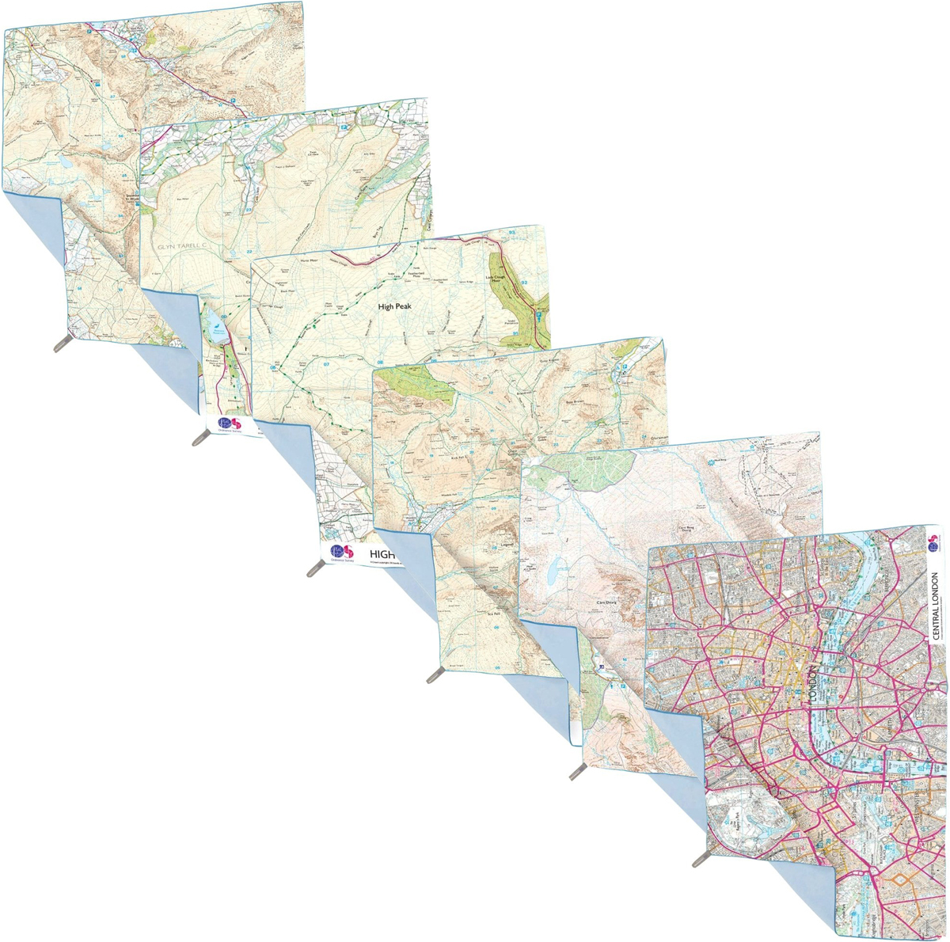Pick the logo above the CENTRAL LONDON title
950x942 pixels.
coord(933,541)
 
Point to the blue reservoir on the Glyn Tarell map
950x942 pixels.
coord(214,321)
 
